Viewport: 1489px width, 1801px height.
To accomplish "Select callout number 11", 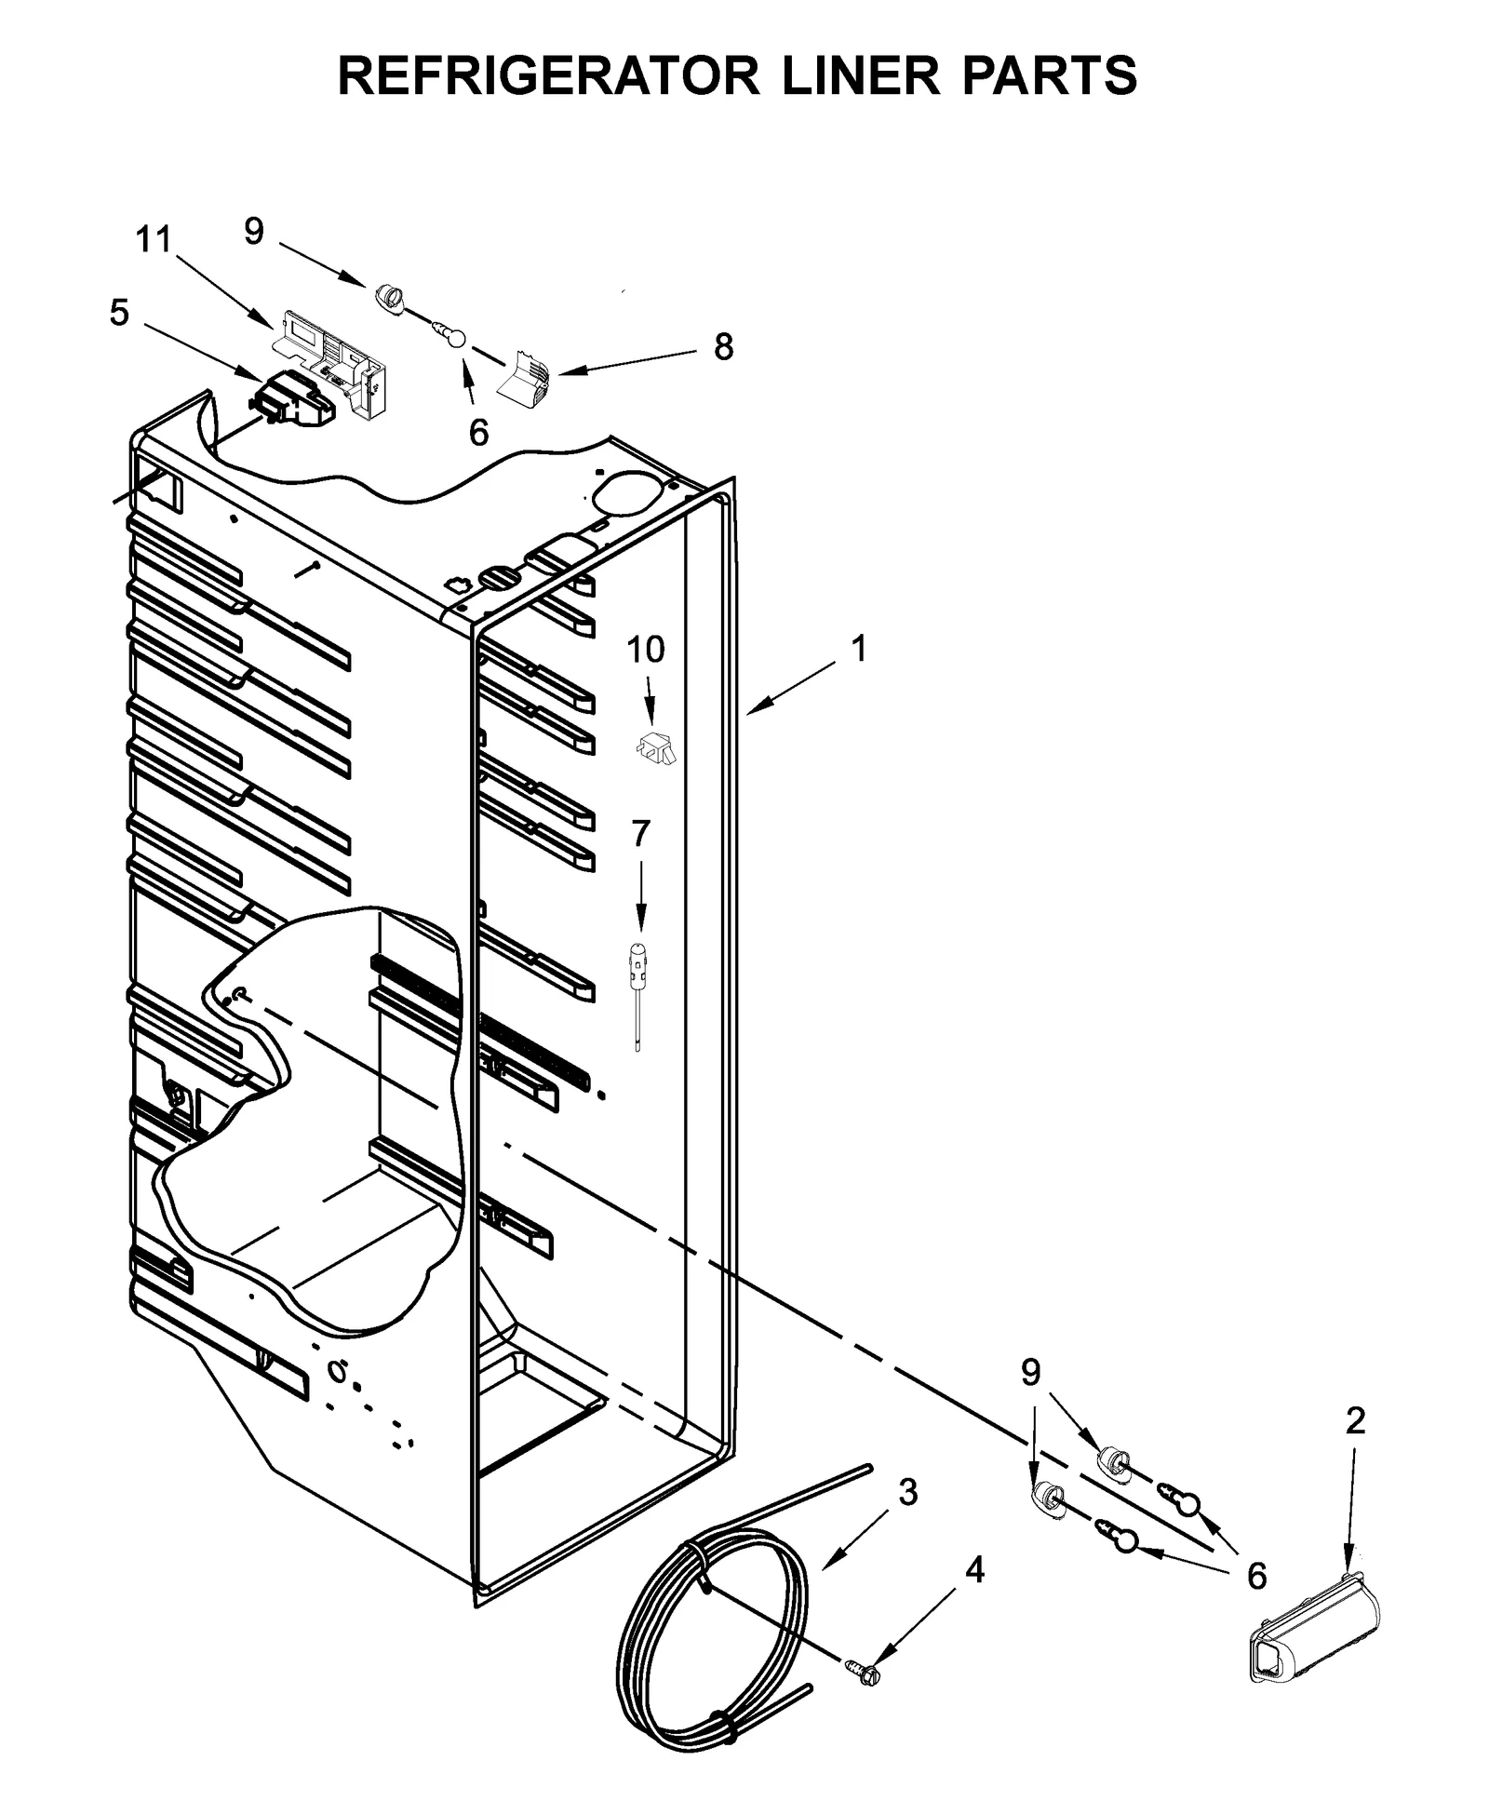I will [154, 240].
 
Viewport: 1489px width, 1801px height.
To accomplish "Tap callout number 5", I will [119, 313].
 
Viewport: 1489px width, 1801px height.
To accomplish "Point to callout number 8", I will [723, 347].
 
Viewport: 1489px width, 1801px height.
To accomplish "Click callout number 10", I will [645, 649].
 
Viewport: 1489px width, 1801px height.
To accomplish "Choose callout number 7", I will [640, 834].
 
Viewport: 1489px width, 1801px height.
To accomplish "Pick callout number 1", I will [859, 649].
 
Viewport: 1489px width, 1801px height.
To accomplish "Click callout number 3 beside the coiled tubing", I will [908, 1492].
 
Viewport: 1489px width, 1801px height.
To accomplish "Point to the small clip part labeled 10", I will [655, 746].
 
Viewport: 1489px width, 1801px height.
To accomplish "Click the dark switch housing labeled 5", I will [290, 400].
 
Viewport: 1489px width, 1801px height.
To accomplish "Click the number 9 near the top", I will [254, 231].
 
